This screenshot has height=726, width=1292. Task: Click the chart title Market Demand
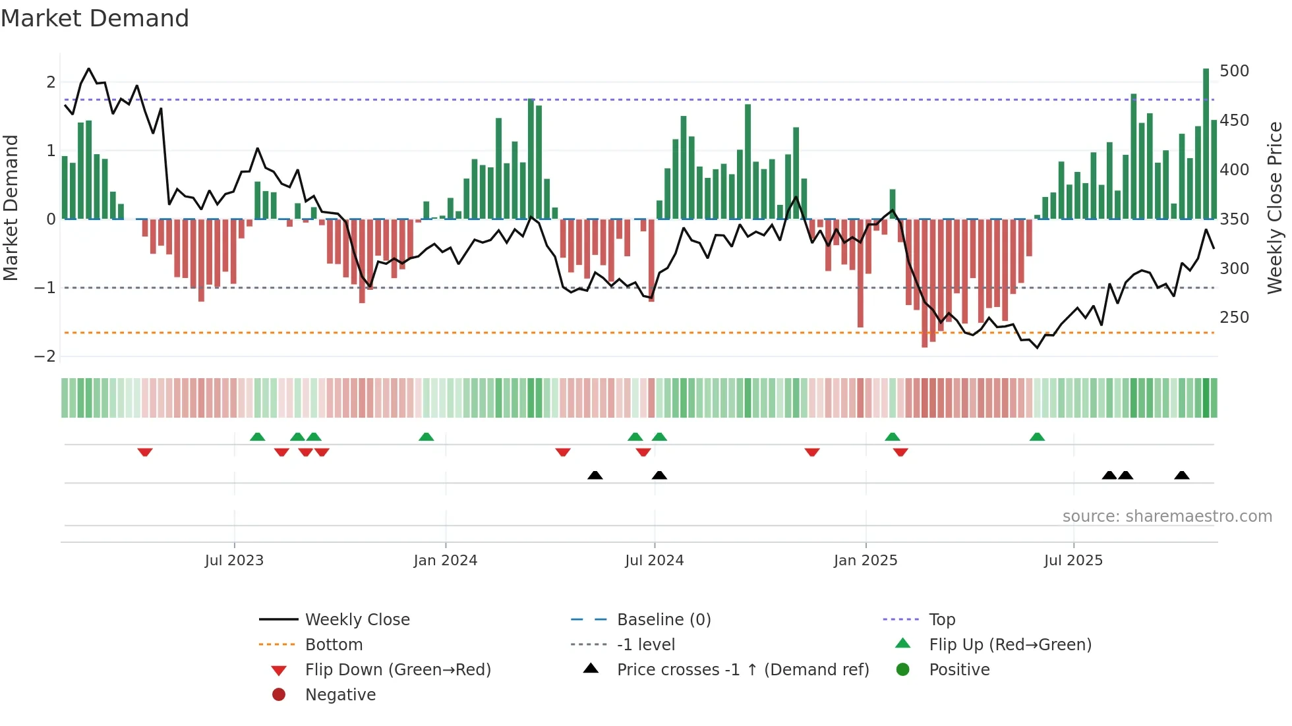[95, 18]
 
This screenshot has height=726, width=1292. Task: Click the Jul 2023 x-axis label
[234, 561]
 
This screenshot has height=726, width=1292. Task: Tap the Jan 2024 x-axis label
[445, 561]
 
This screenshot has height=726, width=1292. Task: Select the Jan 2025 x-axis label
[865, 561]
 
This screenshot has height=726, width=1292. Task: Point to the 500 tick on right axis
[1234, 71]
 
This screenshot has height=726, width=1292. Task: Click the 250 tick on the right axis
[1234, 318]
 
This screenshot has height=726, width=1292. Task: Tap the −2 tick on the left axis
[45, 356]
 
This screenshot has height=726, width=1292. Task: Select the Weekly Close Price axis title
[1275, 208]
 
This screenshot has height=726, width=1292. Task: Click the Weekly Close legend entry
[357, 620]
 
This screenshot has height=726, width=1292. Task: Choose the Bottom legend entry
[334, 645]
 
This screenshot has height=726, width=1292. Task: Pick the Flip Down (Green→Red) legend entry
[397, 670]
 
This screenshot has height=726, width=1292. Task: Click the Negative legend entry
[340, 695]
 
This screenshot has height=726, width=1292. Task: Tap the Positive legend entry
[959, 670]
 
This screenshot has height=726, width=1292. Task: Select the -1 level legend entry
[645, 645]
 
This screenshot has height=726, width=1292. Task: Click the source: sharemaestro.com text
[1167, 517]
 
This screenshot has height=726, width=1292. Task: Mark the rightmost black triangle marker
[1181, 476]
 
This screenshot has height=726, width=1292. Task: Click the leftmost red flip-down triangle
[145, 452]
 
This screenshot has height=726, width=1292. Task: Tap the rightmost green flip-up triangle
[1037, 437]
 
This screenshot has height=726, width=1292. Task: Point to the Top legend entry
[941, 620]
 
